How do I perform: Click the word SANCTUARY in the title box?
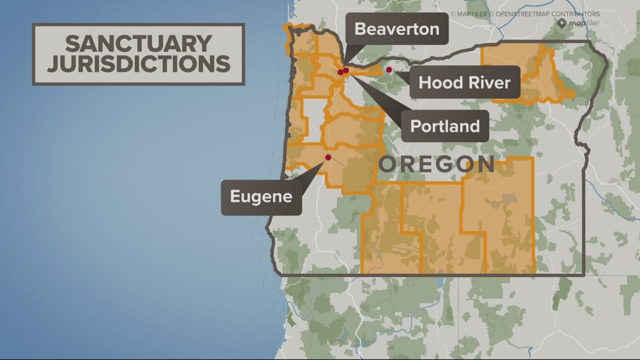pyautogui.click(x=138, y=43)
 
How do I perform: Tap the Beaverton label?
pyautogui.click(x=397, y=29)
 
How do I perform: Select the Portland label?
pyautogui.click(x=445, y=126)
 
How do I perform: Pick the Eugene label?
pyautogui.click(x=261, y=197)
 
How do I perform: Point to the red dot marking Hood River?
pyautogui.click(x=388, y=70)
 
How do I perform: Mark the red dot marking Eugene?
pyautogui.click(x=328, y=158)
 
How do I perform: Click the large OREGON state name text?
pyautogui.click(x=436, y=165)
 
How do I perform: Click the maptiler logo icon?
pyautogui.click(x=562, y=23)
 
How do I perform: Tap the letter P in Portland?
pyautogui.click(x=416, y=126)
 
